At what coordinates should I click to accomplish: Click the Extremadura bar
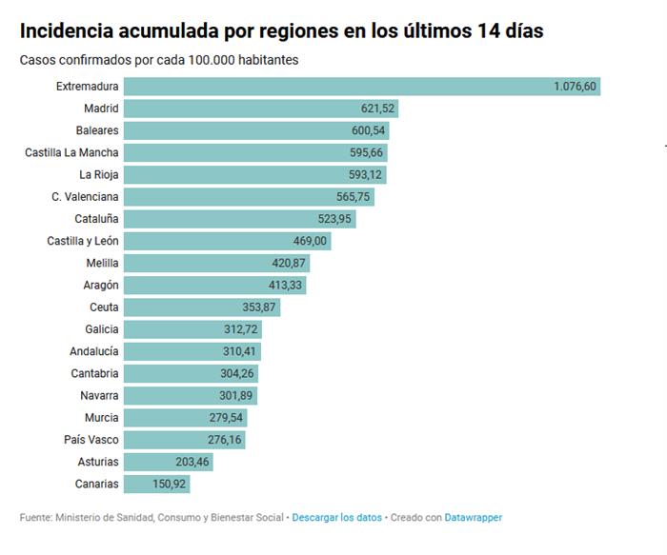click(x=362, y=87)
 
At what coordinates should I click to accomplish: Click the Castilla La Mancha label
click(x=71, y=152)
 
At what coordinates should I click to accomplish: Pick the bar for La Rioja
click(x=255, y=174)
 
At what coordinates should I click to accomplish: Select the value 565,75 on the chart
click(x=352, y=197)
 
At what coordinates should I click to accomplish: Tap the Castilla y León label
click(x=83, y=241)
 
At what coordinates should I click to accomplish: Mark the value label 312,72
click(x=239, y=329)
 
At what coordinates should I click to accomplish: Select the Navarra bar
click(x=191, y=395)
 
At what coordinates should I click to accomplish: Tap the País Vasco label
click(x=91, y=440)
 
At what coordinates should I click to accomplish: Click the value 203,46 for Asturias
click(x=191, y=462)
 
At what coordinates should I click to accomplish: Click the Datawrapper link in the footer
click(x=474, y=518)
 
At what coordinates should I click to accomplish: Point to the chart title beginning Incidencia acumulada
click(x=282, y=30)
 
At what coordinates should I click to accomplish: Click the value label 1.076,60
click(x=575, y=87)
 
